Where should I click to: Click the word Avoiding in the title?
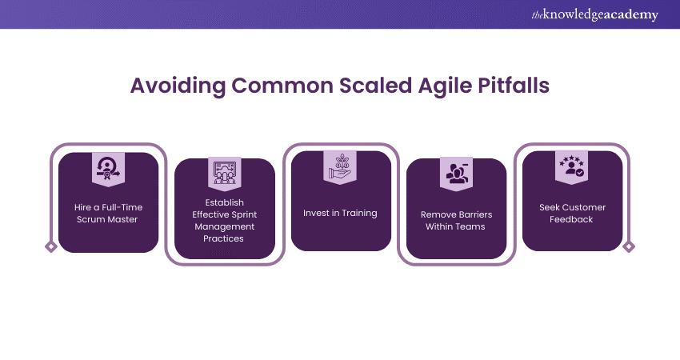(x=178, y=86)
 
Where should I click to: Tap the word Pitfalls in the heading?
(x=514, y=85)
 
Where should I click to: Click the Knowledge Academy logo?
(x=594, y=14)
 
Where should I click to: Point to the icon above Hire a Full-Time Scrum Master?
(x=109, y=168)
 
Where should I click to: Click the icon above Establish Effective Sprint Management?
(x=225, y=173)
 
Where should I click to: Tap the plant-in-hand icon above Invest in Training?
(x=340, y=166)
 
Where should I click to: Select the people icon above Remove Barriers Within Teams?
(x=456, y=173)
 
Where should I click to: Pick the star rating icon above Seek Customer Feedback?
(x=571, y=166)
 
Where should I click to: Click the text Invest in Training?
(x=340, y=213)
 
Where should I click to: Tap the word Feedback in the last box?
(x=571, y=219)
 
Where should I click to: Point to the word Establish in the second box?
(x=225, y=202)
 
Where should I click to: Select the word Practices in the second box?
(x=223, y=238)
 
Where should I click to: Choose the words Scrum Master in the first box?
(x=107, y=219)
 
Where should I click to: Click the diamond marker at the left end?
(x=51, y=246)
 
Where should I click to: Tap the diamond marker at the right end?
(x=629, y=246)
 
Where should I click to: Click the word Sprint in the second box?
(x=244, y=214)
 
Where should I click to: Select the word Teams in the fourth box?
(x=470, y=226)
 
